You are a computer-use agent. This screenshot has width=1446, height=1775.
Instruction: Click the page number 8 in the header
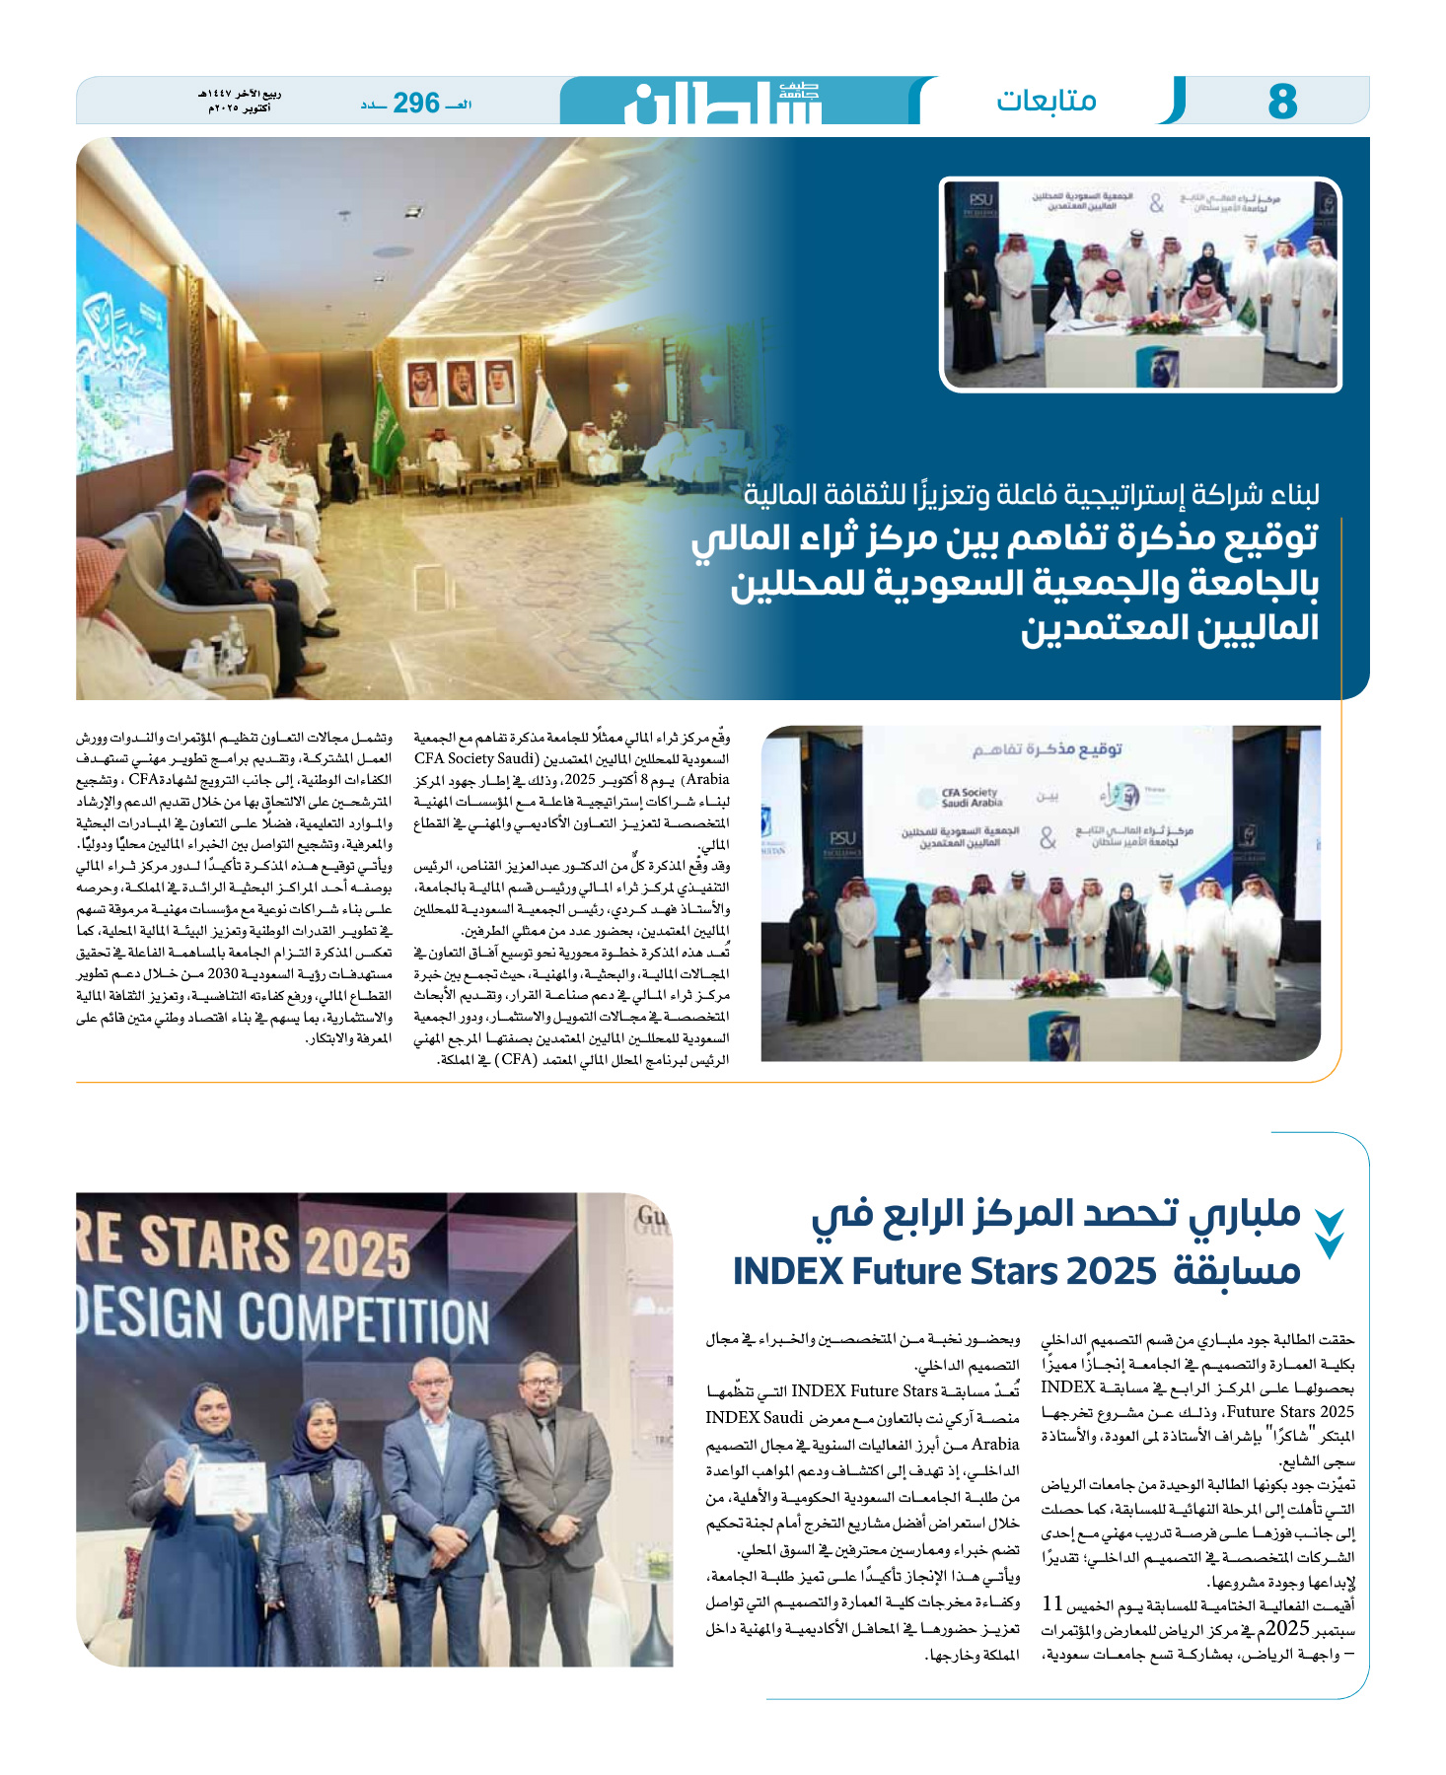[1281, 102]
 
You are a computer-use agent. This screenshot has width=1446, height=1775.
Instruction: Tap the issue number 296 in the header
[415, 103]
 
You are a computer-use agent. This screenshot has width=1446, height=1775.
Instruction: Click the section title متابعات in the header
[1046, 101]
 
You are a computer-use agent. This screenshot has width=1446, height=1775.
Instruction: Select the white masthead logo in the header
[723, 103]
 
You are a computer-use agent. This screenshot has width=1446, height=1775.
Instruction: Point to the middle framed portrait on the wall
[461, 386]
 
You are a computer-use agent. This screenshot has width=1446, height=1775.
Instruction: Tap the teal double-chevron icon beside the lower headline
[1329, 1234]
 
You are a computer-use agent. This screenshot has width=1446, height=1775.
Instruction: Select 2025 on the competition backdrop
[356, 1253]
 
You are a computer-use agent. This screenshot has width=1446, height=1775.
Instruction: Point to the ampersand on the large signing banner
[1048, 838]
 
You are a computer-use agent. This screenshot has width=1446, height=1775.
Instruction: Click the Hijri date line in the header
[240, 95]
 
